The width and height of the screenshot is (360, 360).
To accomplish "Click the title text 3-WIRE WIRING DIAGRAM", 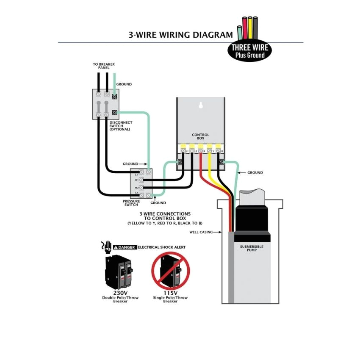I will click(180, 35).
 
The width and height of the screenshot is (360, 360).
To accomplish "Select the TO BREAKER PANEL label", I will click(104, 66).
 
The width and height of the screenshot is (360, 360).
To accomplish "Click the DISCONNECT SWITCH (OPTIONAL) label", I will click(121, 126).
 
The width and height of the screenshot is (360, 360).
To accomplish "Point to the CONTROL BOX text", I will click(200, 137).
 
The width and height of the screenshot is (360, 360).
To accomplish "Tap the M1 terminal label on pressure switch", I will click(137, 180).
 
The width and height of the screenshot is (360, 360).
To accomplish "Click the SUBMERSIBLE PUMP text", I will click(252, 248).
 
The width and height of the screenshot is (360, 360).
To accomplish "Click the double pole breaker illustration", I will click(120, 271).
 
